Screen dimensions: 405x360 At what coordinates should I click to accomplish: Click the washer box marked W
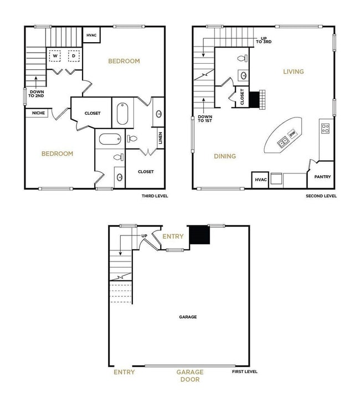click(x=55, y=56)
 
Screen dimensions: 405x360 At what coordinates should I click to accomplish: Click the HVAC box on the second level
click(x=260, y=180)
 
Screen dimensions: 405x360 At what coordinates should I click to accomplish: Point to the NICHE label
click(x=39, y=113)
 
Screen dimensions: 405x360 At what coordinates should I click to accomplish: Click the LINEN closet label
click(x=160, y=136)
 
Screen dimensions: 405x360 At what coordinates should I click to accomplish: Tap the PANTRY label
click(x=322, y=177)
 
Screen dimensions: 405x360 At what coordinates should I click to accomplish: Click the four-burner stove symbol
click(x=326, y=128)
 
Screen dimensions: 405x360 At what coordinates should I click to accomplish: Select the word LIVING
click(x=294, y=71)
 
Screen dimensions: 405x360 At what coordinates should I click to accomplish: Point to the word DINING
click(x=225, y=156)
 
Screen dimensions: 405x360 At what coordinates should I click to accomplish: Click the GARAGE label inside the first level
click(x=188, y=317)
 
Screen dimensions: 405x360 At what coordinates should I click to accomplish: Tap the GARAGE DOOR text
click(x=190, y=376)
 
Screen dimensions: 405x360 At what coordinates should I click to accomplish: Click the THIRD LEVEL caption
click(x=155, y=196)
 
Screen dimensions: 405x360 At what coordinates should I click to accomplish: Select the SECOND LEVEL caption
click(x=321, y=196)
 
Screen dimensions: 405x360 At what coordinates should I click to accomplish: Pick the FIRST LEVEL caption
click(x=244, y=372)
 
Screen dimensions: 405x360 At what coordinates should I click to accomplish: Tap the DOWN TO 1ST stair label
click(x=205, y=120)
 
